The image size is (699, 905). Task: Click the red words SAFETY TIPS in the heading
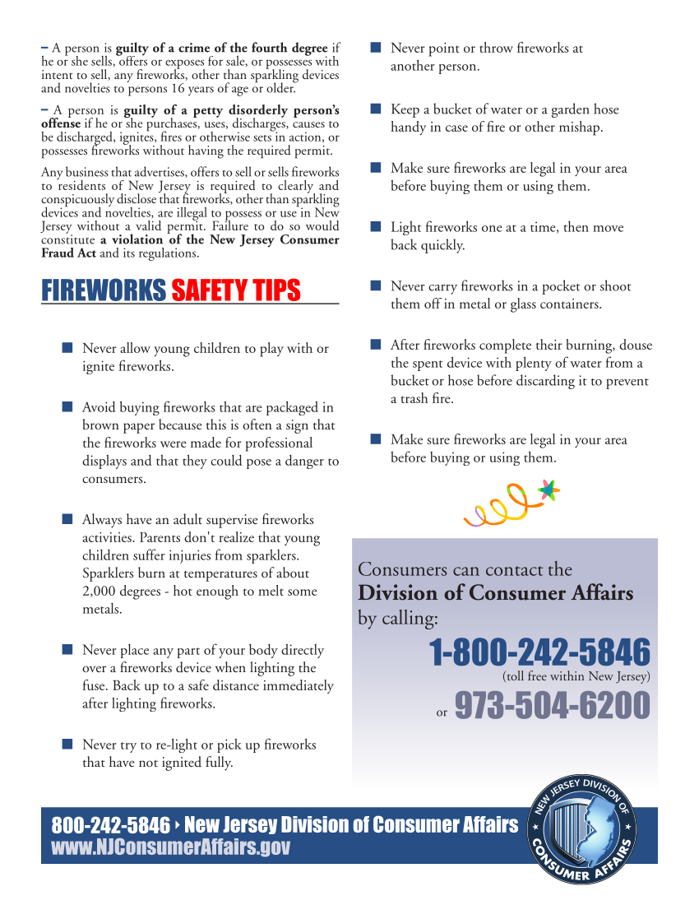[236, 290]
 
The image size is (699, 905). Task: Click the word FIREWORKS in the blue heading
[104, 290]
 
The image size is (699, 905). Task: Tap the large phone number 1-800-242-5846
[539, 653]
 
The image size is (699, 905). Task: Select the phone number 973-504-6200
[552, 705]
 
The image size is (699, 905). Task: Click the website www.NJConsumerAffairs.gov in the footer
[171, 847]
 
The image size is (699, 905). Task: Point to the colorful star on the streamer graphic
[549, 491]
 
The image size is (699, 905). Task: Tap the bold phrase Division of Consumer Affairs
[495, 593]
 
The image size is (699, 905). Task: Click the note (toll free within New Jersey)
[576, 677]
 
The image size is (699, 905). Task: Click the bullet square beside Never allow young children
[67, 348]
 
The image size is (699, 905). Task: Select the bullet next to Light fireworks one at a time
[375, 226]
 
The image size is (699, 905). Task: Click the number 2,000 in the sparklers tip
[100, 591]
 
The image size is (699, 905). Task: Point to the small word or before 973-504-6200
[442, 712]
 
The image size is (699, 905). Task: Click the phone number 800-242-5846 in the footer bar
[111, 825]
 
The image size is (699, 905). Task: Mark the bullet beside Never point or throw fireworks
[375, 48]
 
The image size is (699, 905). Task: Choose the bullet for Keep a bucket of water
[375, 109]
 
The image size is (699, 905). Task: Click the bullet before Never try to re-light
[67, 744]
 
